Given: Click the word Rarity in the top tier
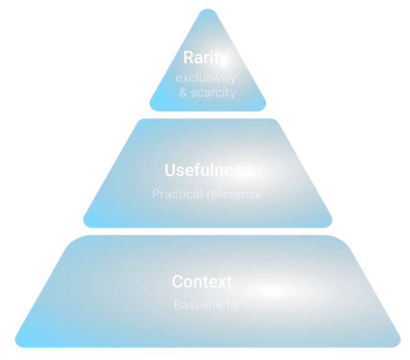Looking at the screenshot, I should coord(205,58).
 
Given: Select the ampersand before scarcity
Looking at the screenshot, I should coord(183,93).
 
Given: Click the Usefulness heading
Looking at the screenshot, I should coord(207,170).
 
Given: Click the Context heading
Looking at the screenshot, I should coord(202,282).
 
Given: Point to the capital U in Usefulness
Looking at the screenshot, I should coord(170,170).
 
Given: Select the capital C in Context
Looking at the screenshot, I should coord(177,282).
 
